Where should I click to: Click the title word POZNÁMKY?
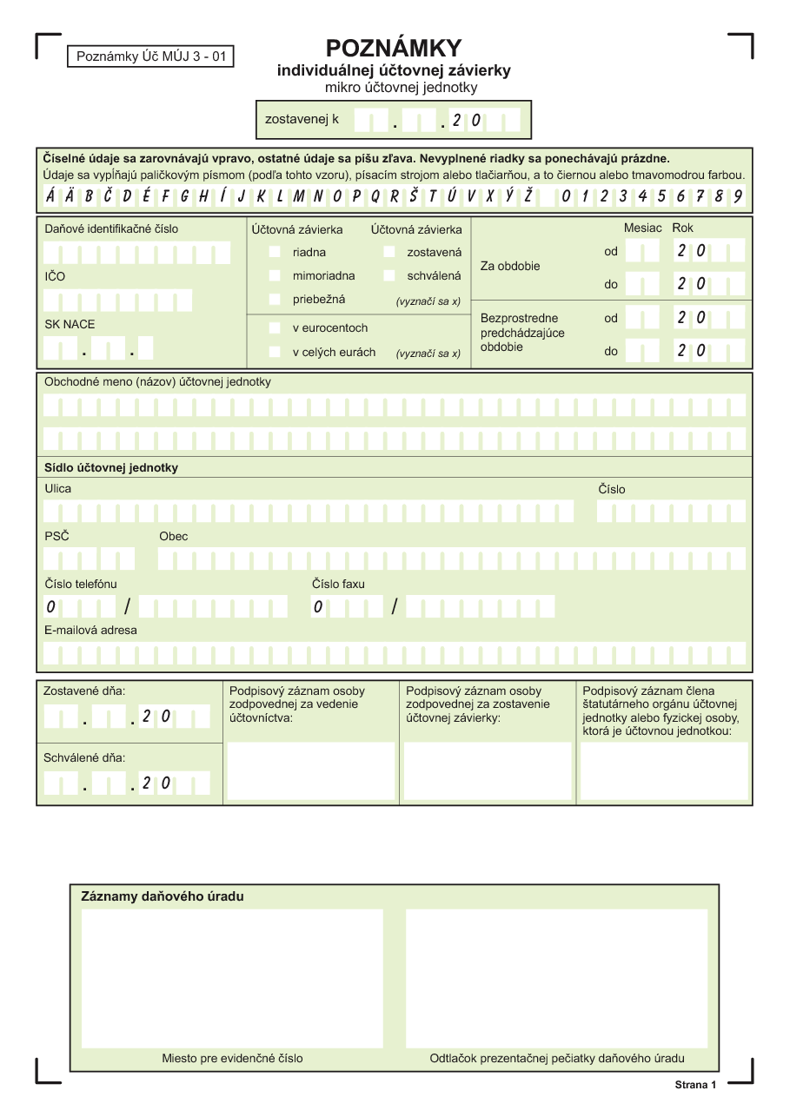[394, 48]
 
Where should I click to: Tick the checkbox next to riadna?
[275, 252]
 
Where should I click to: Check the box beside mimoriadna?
[275, 275]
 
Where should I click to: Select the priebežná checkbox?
[275, 300]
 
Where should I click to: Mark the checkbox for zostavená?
[389, 252]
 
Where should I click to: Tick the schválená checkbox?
[389, 275]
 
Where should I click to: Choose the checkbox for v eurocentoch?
[275, 328]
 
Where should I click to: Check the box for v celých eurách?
[275, 352]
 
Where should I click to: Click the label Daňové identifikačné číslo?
[111, 229]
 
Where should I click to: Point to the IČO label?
[55, 277]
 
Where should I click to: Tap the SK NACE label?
[70, 324]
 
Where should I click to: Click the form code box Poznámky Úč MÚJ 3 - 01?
[150, 57]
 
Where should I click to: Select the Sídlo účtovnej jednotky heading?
[111, 467]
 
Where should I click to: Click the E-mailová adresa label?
[90, 630]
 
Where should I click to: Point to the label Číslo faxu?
[338, 584]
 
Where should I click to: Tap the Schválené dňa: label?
[84, 757]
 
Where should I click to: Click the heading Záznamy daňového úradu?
[163, 896]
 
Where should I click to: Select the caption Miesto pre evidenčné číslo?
[232, 1058]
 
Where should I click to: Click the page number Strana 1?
[695, 1085]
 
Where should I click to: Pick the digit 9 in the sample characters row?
[737, 195]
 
